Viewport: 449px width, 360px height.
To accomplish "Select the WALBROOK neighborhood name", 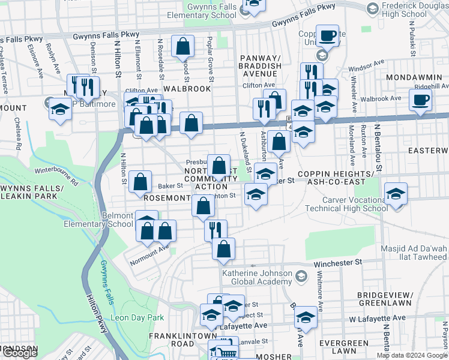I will pos(187,88).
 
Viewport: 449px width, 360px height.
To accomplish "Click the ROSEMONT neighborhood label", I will pos(166,196).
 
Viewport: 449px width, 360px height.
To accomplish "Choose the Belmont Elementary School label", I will pos(99,220).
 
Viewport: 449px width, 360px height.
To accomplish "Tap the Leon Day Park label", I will pos(137,317).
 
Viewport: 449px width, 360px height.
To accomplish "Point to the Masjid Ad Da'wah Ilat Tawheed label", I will pos(414,253).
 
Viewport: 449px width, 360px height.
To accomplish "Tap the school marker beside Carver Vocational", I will pos(396,194).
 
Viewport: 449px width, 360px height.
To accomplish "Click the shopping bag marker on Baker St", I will pos(140,181).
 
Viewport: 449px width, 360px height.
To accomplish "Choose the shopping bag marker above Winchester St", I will pos(223,249).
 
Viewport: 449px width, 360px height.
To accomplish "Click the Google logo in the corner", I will pos(19,353).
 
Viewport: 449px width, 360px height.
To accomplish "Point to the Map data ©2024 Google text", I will pos(412,355).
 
